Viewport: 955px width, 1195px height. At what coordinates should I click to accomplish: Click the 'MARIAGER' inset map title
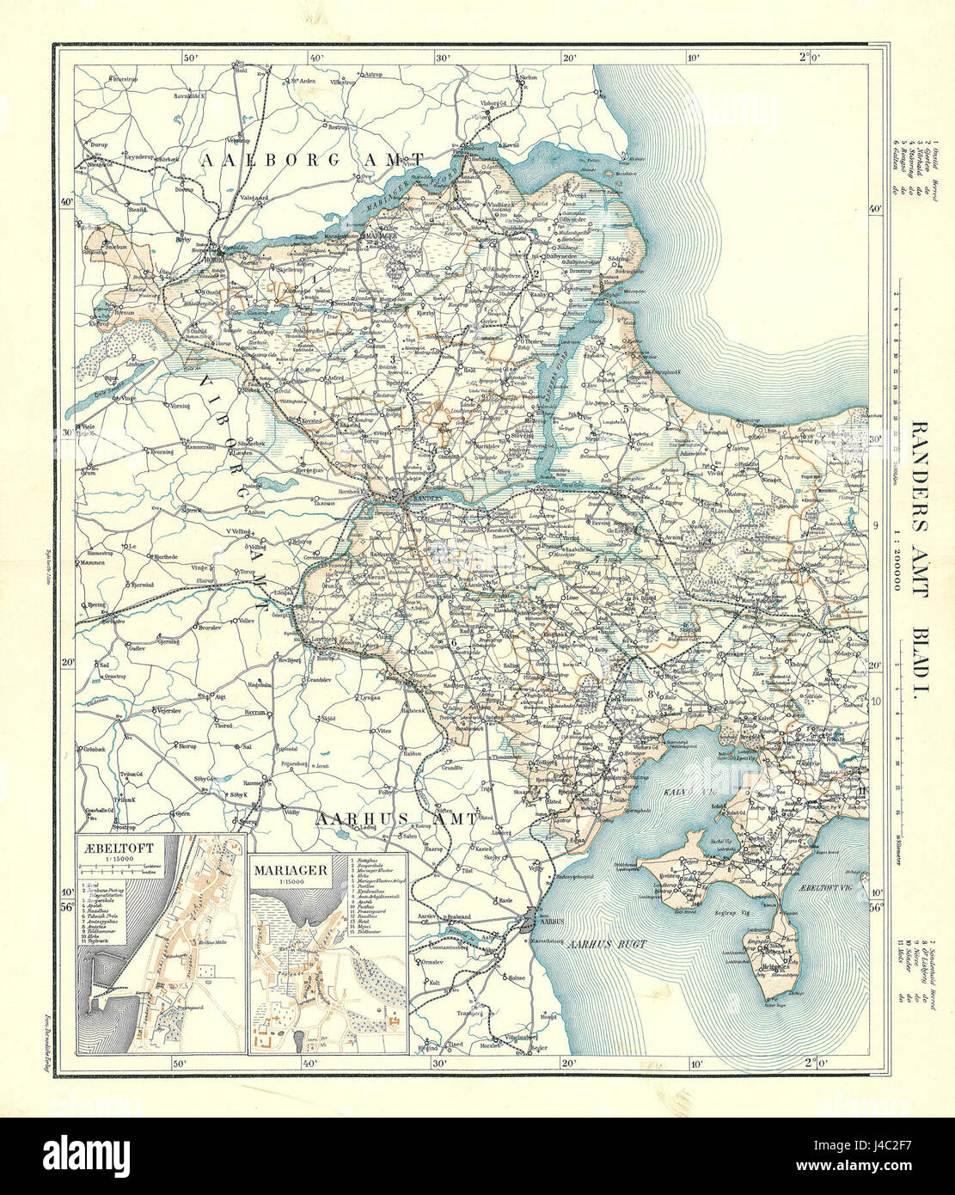click(x=290, y=870)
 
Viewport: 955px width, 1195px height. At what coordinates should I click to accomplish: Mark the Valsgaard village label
click(x=237, y=198)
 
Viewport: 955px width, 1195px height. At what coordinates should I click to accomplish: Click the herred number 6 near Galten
click(x=454, y=641)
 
